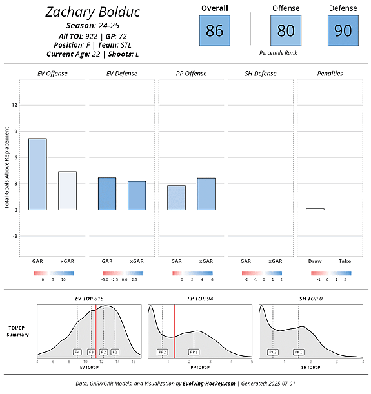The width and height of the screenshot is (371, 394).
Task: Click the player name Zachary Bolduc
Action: [93, 12]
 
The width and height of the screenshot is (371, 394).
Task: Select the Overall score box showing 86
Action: [214, 30]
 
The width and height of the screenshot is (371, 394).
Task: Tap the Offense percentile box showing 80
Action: [286, 30]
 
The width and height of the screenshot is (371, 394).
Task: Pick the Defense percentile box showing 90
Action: [343, 30]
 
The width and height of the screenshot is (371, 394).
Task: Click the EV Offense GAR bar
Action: [37, 174]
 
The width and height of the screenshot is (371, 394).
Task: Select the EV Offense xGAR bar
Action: [67, 190]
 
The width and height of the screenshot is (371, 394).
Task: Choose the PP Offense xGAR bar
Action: [206, 193]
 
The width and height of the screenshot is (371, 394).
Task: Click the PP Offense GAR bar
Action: [176, 197]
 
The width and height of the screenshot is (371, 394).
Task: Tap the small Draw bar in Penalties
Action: [315, 209]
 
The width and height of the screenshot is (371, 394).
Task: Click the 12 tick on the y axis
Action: [14, 104]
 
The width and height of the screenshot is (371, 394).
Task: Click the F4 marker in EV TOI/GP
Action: [77, 352]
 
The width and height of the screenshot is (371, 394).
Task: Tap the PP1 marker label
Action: [194, 352]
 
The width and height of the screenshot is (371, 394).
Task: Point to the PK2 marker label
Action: [273, 352]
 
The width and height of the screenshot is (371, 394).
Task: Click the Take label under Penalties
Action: [345, 261]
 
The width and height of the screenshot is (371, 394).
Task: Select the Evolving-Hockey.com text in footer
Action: [208, 384]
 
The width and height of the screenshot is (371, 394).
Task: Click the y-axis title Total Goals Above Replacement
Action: [7, 168]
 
